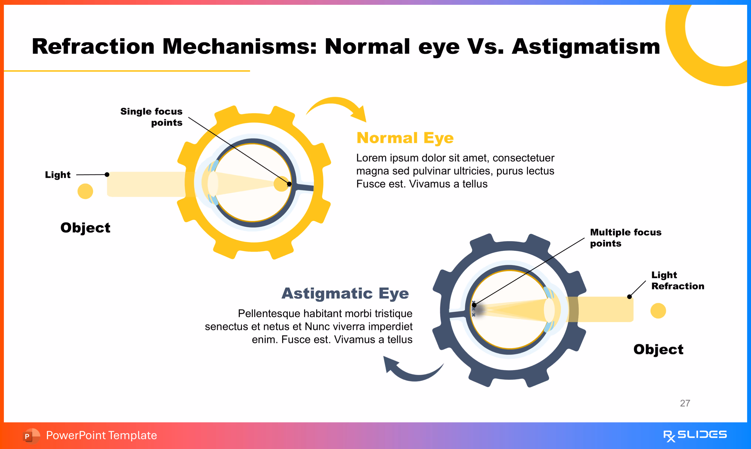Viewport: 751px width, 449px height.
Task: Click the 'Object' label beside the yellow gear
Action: click(x=85, y=227)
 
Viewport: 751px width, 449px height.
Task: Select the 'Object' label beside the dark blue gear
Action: click(x=658, y=349)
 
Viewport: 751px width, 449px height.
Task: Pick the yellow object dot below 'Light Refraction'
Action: click(x=658, y=311)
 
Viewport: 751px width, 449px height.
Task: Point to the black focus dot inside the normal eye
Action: click(x=289, y=184)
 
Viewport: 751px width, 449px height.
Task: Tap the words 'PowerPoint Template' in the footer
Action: click(x=101, y=435)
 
